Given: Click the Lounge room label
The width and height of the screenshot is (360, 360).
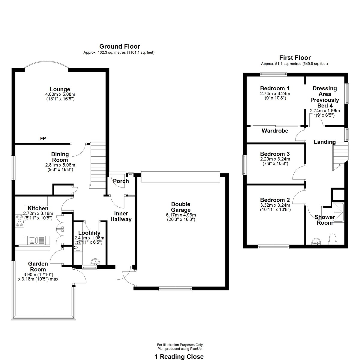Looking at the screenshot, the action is pos(60,89).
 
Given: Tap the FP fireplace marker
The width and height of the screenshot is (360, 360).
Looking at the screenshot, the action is pos(43,138).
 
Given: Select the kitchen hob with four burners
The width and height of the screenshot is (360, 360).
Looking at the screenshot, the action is pos(19,221).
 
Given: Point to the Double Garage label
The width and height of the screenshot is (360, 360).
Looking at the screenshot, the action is pos(181,207).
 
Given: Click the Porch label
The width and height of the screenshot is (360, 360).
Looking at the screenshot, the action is pos(121,181).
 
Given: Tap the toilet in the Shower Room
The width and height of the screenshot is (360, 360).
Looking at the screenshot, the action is pos(332,239).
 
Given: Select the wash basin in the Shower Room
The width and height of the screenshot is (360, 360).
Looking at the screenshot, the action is pos(316,241).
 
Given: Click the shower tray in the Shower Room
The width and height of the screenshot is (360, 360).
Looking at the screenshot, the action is pos(338,213).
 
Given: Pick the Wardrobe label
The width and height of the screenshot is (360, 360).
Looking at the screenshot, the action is pos(275,130).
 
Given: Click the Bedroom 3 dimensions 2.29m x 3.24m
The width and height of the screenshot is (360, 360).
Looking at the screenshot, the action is pos(275,159).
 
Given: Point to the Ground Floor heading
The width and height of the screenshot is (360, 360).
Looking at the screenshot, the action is pos(120,46).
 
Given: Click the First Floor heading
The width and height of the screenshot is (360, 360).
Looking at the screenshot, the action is pos(295,58).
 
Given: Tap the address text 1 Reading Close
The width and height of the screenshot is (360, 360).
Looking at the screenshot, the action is pos(179,356).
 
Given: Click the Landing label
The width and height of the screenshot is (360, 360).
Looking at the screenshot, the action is pos(325,142).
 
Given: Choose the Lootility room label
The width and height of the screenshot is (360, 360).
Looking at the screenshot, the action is pos(89,233).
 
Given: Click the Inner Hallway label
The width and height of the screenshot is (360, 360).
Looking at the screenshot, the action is pos(121,216).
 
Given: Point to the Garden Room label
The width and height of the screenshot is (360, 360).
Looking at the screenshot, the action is pos(38,266).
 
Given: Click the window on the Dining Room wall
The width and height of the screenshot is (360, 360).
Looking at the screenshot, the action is pos(13,168).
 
